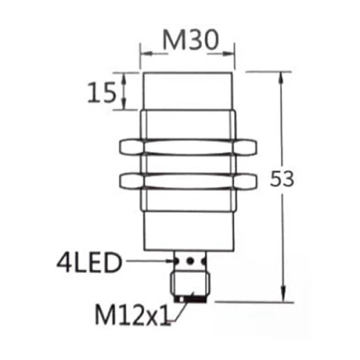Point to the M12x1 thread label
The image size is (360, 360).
click(x=132, y=316)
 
